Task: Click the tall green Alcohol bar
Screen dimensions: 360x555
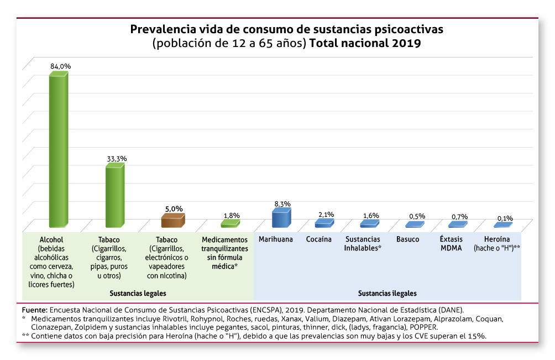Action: click(58, 149)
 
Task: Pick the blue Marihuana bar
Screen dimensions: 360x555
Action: click(281, 218)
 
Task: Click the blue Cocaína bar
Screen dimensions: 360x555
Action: click(324, 223)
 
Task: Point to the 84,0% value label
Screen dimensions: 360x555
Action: click(61, 66)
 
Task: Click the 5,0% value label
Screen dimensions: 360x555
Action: click(174, 208)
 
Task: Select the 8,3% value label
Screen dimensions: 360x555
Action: click(282, 204)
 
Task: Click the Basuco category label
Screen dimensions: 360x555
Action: click(407, 239)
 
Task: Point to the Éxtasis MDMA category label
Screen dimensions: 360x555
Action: click(451, 243)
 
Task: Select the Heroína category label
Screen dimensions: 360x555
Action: click(498, 243)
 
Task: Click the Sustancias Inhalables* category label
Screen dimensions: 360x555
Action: click(363, 243)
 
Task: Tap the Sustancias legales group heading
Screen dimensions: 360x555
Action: click(138, 293)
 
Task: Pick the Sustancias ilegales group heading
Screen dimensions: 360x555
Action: click(387, 293)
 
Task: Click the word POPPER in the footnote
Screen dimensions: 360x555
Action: click(422, 327)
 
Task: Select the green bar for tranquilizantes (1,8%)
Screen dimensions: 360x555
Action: click(230, 223)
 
